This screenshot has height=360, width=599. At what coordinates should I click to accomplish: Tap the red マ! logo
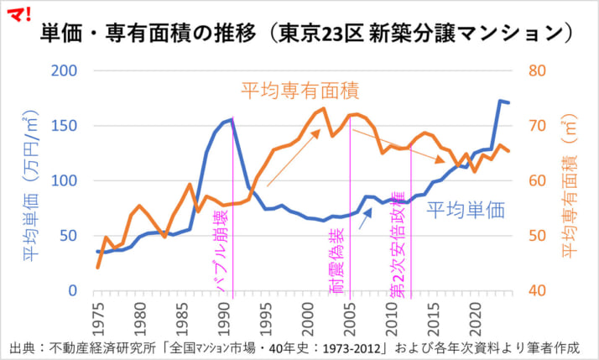(18, 14)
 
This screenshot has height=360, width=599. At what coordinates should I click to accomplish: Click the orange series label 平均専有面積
(299, 90)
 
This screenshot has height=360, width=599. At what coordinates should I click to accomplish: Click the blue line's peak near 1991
(232, 120)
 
